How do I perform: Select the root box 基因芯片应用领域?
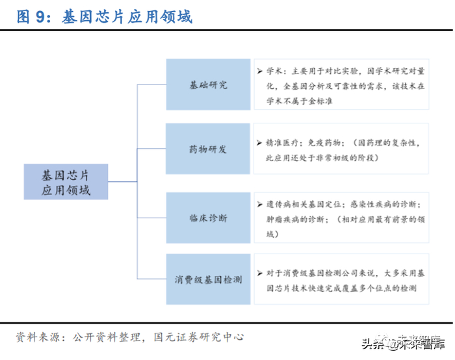click(66, 182)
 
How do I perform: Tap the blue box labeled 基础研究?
click(208, 85)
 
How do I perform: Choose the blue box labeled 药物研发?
click(208, 149)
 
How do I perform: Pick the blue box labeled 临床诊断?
click(208, 218)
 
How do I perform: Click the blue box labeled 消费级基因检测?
click(208, 279)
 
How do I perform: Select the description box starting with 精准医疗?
click(341, 149)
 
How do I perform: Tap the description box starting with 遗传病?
click(341, 218)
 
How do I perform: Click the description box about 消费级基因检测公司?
click(341, 280)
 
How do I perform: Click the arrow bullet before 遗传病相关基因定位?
click(259, 204)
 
